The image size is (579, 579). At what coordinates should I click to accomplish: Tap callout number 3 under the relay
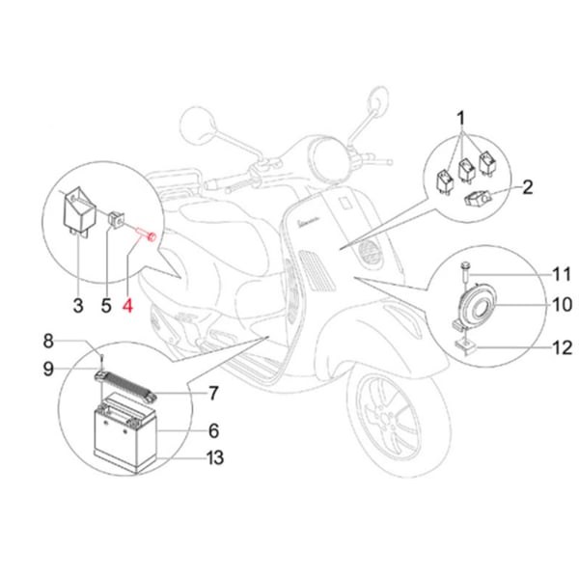pyautogui.click(x=78, y=307)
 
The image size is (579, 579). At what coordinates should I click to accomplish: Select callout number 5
pyautogui.click(x=106, y=307)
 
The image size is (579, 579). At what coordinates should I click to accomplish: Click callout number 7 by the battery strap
pyautogui.click(x=213, y=393)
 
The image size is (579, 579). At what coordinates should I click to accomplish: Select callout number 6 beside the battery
pyautogui.click(x=213, y=430)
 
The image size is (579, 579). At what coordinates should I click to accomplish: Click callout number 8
pyautogui.click(x=73, y=339)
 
